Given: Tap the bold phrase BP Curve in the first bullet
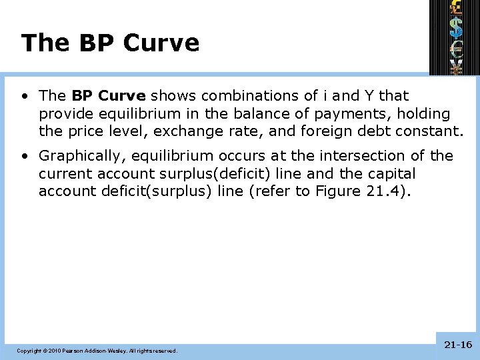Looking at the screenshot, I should coord(108,96).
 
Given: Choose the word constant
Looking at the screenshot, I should coord(429,132).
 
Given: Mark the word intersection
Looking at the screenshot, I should coord(360,156).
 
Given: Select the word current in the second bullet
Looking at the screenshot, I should coord(65,174).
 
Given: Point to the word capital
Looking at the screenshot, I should coord(390,174).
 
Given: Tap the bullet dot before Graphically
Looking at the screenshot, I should coord(23,156).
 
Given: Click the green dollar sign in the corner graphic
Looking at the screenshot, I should coord(457,27).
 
